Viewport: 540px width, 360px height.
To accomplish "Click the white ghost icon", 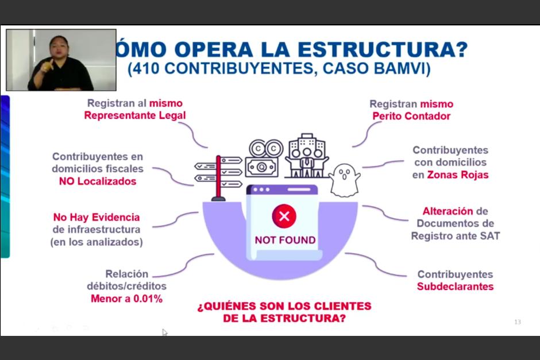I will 345,180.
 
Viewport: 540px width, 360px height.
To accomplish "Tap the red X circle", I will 284,216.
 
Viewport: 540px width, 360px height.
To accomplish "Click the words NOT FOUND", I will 285,240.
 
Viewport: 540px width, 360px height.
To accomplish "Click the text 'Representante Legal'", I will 134,115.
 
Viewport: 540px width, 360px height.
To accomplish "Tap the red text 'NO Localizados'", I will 98,181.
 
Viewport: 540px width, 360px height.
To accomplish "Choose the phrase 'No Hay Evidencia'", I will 97,218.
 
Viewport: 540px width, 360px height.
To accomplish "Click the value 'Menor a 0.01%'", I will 126,299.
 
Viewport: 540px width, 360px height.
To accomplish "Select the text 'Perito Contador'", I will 411,116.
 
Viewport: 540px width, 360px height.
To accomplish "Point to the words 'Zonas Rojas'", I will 457,175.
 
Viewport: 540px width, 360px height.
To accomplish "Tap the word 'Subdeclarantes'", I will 455,287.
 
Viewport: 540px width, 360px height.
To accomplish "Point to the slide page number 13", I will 517,322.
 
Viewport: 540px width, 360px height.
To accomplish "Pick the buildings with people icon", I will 306,156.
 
